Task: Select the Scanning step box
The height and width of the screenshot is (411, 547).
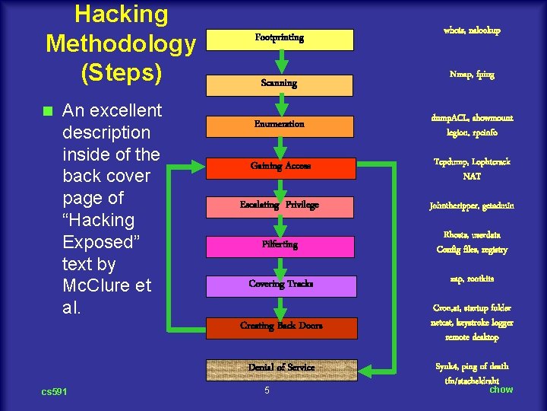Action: [x=280, y=83]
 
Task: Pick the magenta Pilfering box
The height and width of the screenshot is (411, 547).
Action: [x=280, y=245]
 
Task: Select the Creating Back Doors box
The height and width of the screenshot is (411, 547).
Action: [x=281, y=327]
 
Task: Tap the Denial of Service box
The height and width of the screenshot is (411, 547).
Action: [x=281, y=368]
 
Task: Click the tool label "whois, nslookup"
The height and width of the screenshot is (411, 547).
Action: [x=472, y=30]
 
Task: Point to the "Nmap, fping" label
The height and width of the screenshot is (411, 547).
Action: [x=472, y=75]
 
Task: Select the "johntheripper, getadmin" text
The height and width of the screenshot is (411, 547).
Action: [x=472, y=205]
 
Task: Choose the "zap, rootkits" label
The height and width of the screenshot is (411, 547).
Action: [x=472, y=279]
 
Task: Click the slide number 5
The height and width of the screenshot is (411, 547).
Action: [x=267, y=391]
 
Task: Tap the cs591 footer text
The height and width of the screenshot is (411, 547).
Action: [x=54, y=392]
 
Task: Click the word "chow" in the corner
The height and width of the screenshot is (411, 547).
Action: [x=501, y=390]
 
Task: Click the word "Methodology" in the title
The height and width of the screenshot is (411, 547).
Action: [x=121, y=43]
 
